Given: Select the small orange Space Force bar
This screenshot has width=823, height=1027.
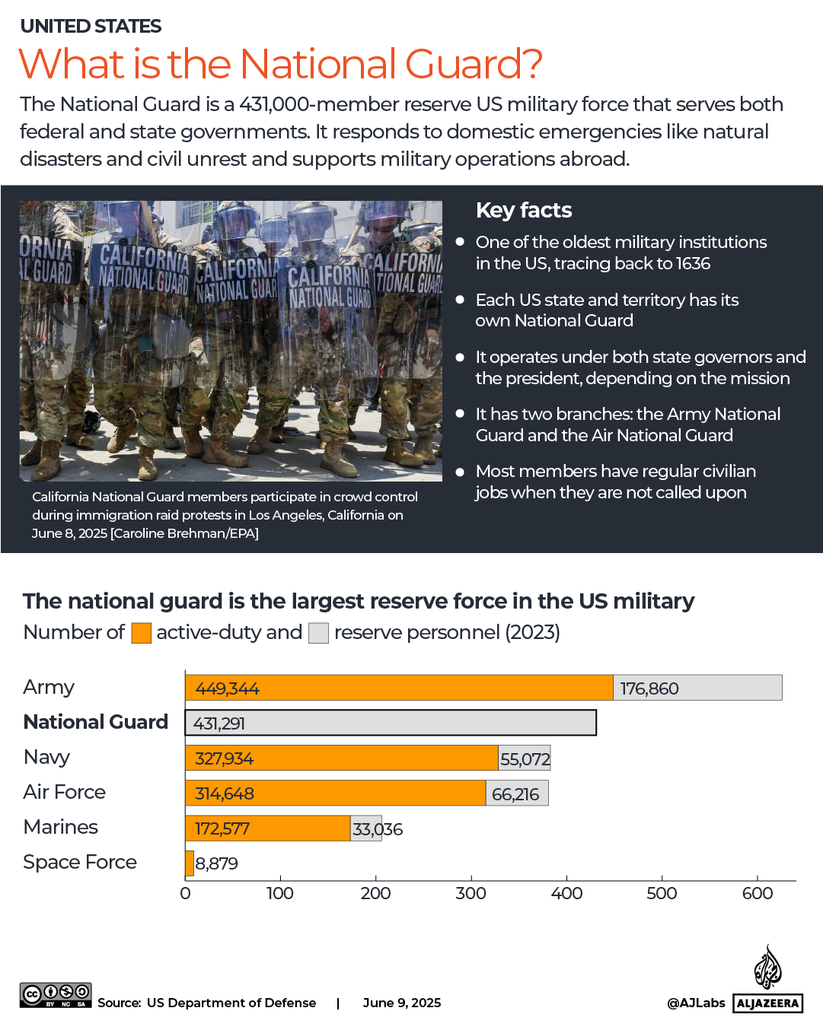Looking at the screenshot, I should click(190, 863).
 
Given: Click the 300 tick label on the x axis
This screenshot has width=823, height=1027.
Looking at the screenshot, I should click(471, 894).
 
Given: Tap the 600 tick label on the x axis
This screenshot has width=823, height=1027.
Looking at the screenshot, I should click(757, 894).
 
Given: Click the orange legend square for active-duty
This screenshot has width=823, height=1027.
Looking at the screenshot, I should click(141, 633).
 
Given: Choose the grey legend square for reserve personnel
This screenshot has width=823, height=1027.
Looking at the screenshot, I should click(318, 633).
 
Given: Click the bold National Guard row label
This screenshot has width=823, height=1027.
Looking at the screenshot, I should click(96, 722).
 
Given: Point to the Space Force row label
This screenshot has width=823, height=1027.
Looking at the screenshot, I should click(80, 862).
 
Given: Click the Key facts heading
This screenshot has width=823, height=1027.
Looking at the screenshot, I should click(524, 210).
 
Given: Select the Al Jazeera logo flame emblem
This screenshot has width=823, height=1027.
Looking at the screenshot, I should click(767, 968).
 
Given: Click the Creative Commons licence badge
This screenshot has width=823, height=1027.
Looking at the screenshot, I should click(56, 995).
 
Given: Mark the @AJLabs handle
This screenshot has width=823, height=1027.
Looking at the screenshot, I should click(696, 1003).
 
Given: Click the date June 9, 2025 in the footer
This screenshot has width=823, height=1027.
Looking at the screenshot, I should click(402, 1003).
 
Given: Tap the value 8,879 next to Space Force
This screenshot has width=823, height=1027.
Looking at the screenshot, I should click(217, 863).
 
